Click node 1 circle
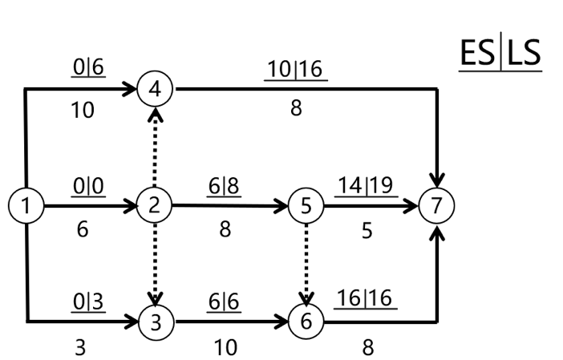(x=27, y=205)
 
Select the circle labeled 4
(x=155, y=89)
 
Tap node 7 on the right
(x=435, y=205)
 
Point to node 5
(x=306, y=205)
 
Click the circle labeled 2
(x=155, y=205)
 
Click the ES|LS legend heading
(x=500, y=54)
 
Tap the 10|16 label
(x=296, y=70)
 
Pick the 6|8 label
(x=225, y=186)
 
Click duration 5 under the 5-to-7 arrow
(x=367, y=230)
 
